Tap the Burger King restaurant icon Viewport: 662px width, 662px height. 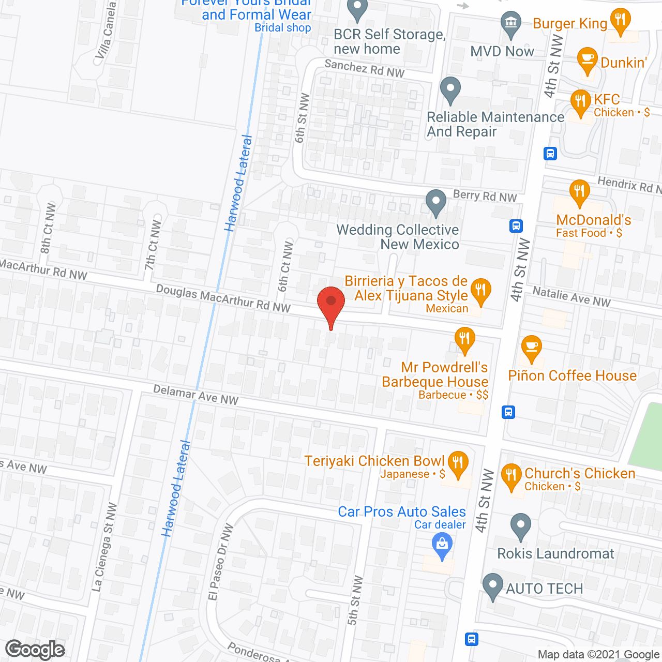tap(619, 20)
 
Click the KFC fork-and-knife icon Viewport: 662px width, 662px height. tap(580, 101)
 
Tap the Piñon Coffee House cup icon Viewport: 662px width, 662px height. tap(531, 347)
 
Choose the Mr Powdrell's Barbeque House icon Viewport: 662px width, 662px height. tap(465, 339)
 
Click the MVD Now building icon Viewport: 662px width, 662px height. tap(511, 23)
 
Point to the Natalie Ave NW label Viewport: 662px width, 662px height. tap(571, 297)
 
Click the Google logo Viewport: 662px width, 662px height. tap(35, 650)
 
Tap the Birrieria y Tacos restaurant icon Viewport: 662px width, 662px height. tap(481, 291)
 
